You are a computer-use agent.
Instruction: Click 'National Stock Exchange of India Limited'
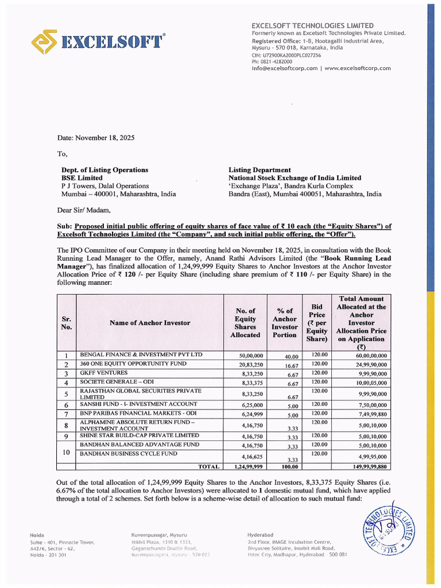(295, 178)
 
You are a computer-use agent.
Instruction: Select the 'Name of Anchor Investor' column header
(149, 323)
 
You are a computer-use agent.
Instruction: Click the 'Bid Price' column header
(317, 323)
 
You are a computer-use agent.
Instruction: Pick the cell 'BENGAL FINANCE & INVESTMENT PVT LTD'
(141, 355)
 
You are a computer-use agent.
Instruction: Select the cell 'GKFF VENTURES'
(103, 373)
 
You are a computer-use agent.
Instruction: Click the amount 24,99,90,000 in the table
(367, 365)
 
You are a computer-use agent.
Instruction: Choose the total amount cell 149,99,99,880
(367, 467)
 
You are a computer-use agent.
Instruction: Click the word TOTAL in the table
(209, 467)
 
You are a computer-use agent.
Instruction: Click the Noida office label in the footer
(37, 535)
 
